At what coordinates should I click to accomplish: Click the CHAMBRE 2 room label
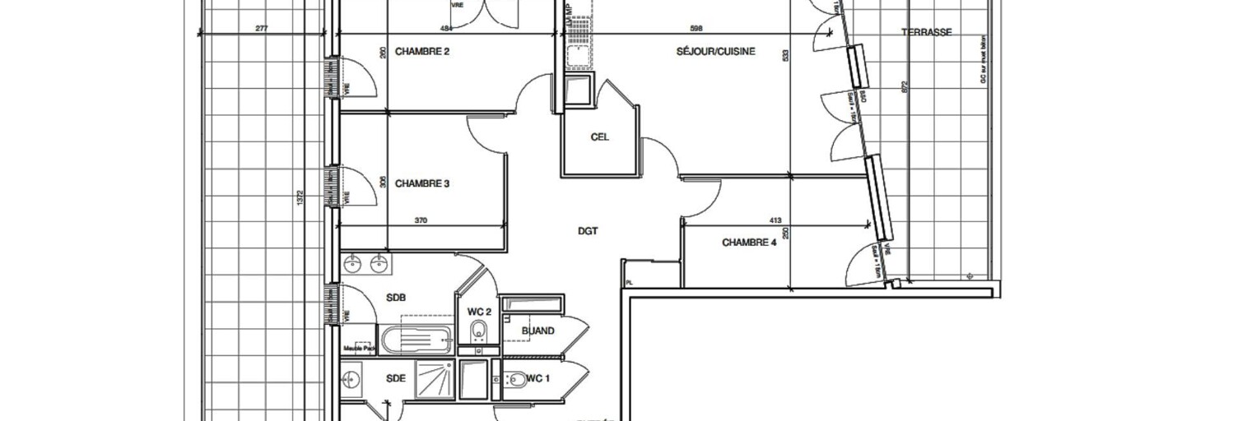click(422, 52)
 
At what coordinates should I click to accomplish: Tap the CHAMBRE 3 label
click(422, 183)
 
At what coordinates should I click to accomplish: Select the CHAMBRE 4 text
click(749, 243)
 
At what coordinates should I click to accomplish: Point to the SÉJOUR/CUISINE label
click(715, 52)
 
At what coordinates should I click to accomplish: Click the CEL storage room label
click(599, 137)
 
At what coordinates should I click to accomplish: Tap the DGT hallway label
click(587, 231)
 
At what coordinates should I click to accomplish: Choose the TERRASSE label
click(926, 33)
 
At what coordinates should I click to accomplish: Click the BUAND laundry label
click(538, 331)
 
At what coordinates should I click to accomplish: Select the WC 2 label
click(479, 312)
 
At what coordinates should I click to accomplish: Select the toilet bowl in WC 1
click(517, 380)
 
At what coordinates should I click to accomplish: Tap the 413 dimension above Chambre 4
click(774, 220)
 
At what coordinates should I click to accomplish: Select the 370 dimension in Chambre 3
click(421, 220)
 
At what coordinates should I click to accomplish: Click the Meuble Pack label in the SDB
click(365, 346)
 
